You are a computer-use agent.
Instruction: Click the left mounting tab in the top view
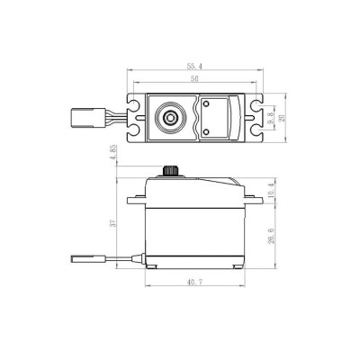click(136, 116)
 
